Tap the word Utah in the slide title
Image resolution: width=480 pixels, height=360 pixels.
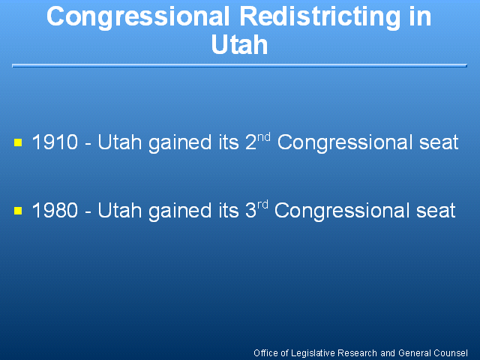tap(239, 45)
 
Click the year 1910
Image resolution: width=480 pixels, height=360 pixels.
tap(55, 142)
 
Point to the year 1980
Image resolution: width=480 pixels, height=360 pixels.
tap(55, 210)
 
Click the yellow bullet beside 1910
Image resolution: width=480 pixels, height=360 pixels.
tap(18, 142)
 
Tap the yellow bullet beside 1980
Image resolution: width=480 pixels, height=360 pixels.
tap(18, 211)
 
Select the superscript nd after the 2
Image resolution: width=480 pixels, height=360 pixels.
tap(264, 136)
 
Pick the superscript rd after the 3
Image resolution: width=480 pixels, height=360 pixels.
tap(262, 205)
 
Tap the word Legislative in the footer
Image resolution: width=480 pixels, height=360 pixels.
tap(313, 353)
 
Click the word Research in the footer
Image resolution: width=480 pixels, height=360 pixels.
tap(357, 353)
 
